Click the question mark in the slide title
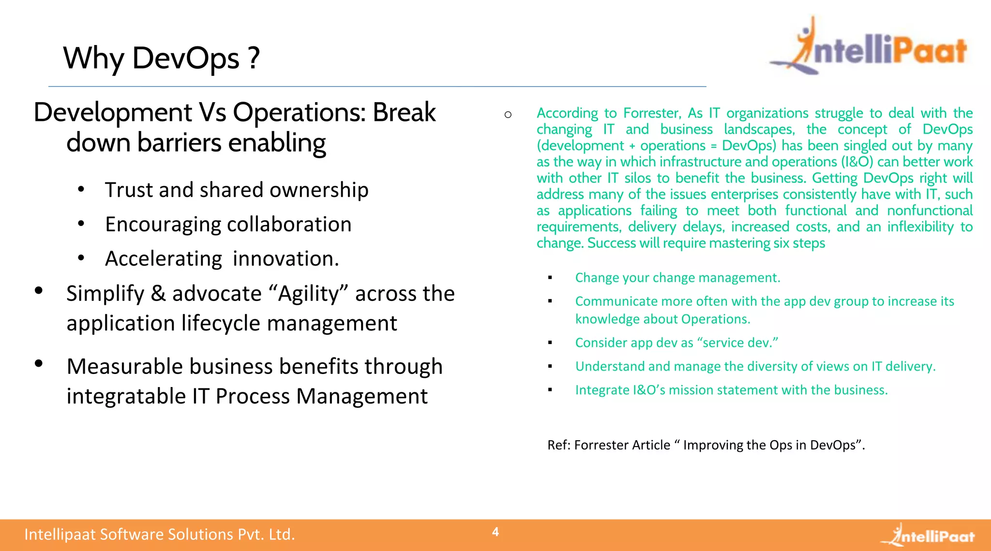[254, 58]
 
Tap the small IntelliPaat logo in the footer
[928, 536]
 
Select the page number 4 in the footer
[495, 532]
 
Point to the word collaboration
[289, 224]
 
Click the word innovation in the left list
[285, 259]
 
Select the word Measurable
[125, 367]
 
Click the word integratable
[126, 396]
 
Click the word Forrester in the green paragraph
[651, 113]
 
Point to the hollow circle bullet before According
[508, 115]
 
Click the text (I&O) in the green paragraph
[857, 162]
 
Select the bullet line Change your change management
[677, 278]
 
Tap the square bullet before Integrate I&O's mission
[550, 389]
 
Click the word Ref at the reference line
[558, 445]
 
